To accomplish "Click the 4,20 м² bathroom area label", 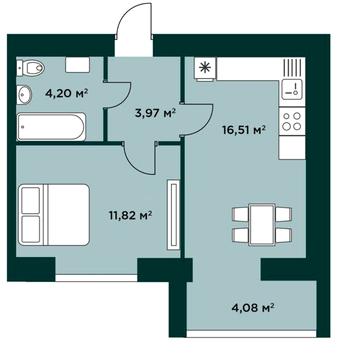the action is point(66,93).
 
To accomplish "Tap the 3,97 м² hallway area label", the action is point(155,114).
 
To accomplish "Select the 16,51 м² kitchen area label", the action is point(244,129).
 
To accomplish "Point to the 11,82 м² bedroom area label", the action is point(130,216).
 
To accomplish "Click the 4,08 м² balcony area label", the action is point(253,306).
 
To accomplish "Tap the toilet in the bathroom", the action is point(31,68).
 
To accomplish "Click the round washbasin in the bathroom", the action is point(24,94).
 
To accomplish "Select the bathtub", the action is point(51,126).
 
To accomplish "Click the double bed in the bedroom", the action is point(54,215).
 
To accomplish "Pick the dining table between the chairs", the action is point(262,224).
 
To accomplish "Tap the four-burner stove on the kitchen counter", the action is point(292,122).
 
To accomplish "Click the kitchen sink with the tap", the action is point(292,89).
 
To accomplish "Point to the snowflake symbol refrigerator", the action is point(205,69).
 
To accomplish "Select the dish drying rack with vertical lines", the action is point(293,67).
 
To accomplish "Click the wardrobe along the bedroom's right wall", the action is point(173,215).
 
